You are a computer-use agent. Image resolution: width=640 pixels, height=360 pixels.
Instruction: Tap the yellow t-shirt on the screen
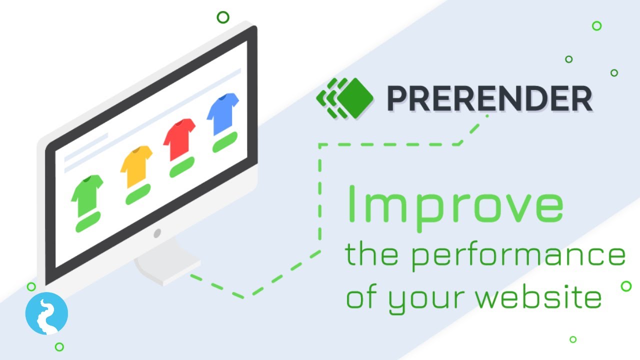136,165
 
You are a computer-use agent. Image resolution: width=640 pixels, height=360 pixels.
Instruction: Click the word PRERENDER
489,98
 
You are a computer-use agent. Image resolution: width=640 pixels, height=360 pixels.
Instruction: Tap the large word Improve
454,204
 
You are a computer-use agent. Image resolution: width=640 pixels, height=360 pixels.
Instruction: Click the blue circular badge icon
46,313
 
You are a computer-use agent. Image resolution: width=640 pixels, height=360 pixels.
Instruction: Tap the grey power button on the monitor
157,233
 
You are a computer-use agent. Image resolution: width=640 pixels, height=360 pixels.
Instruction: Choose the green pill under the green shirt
88,221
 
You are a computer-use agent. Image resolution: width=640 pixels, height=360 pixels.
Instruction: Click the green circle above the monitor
223,17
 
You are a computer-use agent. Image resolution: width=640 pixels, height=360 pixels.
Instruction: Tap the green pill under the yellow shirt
138,194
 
